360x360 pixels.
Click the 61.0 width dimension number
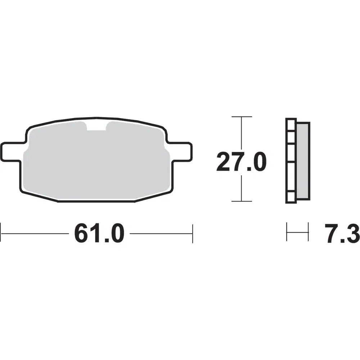[x=99, y=234]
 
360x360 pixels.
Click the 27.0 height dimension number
[x=241, y=162]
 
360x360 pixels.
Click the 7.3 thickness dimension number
[x=342, y=234]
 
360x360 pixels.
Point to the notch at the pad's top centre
[x=96, y=125]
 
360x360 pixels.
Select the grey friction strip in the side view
[x=303, y=161]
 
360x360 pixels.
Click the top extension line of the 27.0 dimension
[x=242, y=117]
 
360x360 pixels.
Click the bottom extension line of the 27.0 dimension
[x=242, y=201]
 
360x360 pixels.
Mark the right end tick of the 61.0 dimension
[x=192, y=234]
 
